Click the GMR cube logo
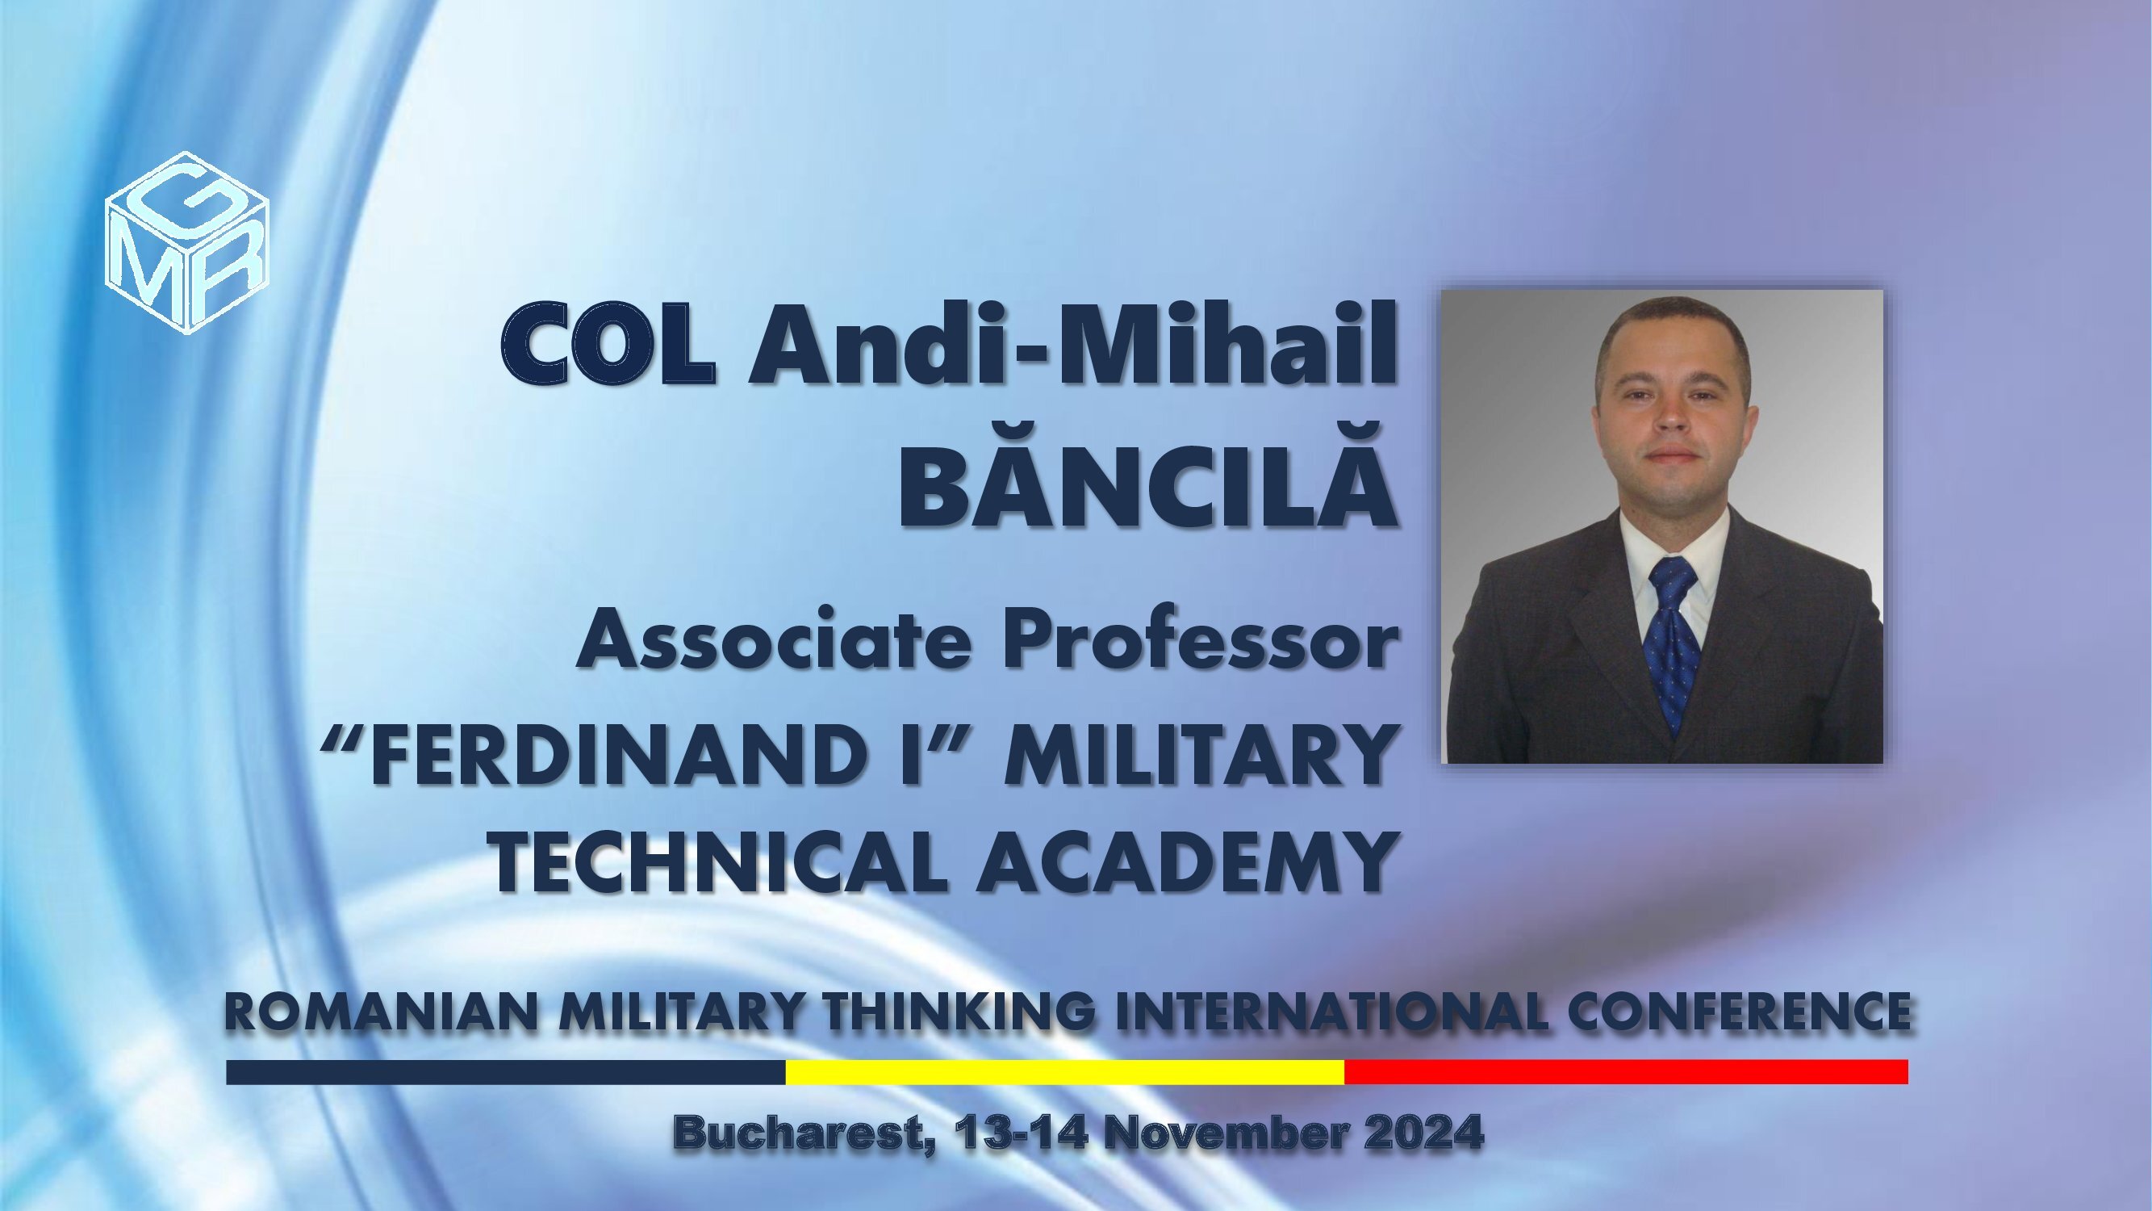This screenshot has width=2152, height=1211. click(187, 242)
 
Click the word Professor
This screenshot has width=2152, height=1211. click(1201, 639)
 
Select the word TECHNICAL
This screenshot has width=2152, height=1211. click(719, 861)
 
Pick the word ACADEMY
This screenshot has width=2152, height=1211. click(1187, 861)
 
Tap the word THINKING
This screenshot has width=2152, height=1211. click(959, 1012)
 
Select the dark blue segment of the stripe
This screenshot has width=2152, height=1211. click(506, 1071)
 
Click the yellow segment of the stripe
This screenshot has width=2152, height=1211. click(1065, 1071)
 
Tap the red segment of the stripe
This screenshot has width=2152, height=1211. click(1627, 1071)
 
